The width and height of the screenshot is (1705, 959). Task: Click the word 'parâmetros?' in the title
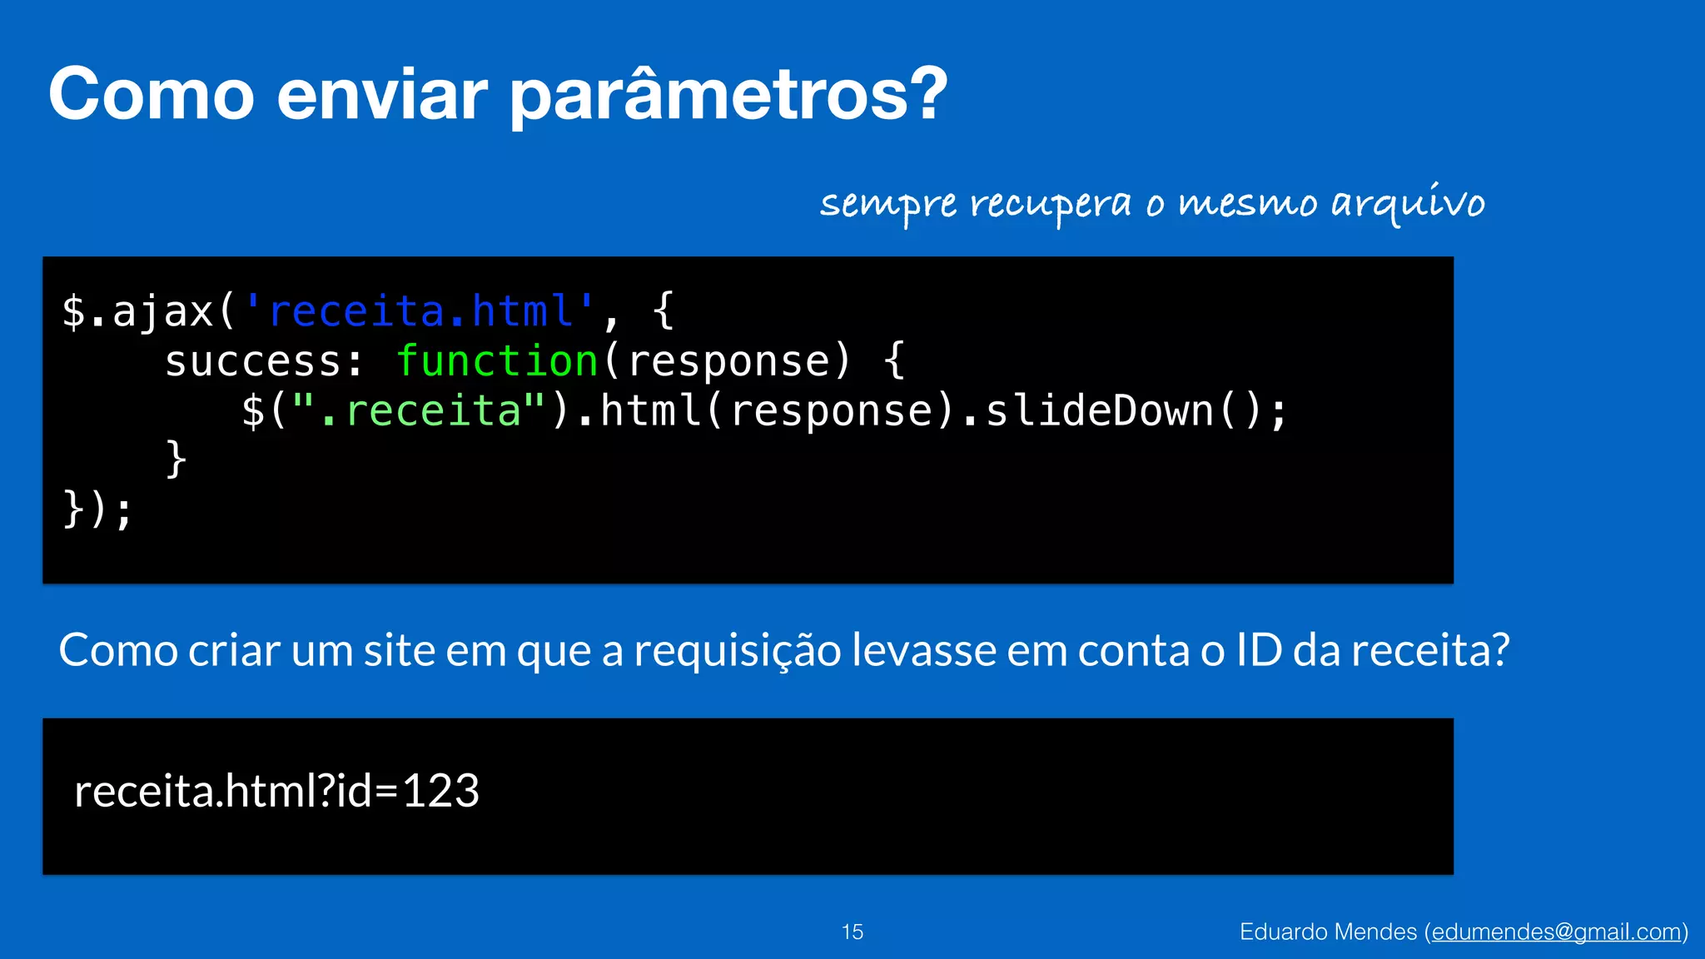(728, 96)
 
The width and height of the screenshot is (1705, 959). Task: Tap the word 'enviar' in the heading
(381, 94)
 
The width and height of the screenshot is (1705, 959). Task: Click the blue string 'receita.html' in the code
(420, 311)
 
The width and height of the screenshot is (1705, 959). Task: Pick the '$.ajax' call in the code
(137, 311)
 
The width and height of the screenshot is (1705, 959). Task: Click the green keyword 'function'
(497, 361)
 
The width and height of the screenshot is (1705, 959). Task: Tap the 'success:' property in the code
(265, 361)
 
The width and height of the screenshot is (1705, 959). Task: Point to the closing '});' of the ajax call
(97, 509)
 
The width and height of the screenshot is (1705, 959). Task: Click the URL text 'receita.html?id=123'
(276, 791)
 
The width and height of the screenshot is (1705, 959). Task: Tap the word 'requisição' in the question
(738, 650)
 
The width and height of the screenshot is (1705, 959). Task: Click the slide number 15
(852, 932)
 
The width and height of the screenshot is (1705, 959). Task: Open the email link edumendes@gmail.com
(1556, 932)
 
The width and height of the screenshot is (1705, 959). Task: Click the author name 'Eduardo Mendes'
(1328, 932)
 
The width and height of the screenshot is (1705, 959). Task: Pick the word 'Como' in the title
(151, 94)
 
